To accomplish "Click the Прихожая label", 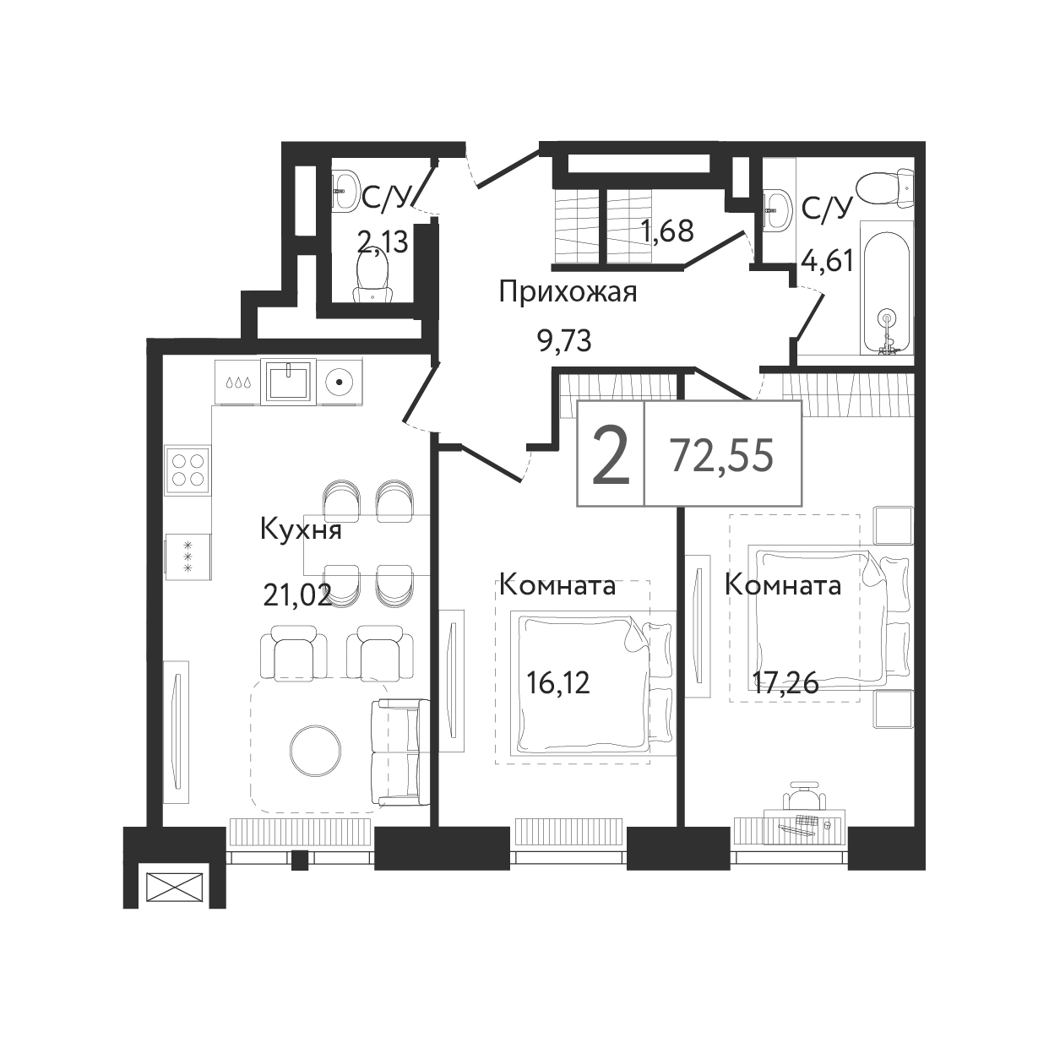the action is [x=568, y=293].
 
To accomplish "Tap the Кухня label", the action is [x=301, y=529].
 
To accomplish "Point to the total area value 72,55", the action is [x=722, y=456].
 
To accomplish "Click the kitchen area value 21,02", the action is [x=298, y=595].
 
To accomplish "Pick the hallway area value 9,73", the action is [x=564, y=342].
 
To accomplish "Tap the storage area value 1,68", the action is [x=667, y=231].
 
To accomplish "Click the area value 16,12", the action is [x=558, y=683].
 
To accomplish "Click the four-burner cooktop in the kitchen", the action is [x=188, y=470].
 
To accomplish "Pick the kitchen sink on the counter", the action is [x=288, y=381].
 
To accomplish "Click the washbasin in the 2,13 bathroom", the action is [x=345, y=189].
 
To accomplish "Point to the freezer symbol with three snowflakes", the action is [x=188, y=557].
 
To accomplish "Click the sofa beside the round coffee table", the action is [x=400, y=752].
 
